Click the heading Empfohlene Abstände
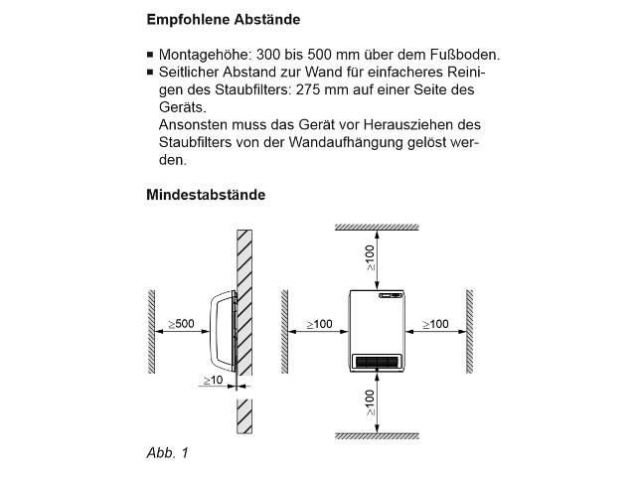click(223, 20)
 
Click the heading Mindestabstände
click(206, 195)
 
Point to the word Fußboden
click(463, 54)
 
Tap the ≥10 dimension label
click(213, 381)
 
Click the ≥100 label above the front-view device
click(370, 258)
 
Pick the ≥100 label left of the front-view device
click(319, 324)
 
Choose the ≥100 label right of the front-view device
click(434, 324)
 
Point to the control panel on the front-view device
click(389, 294)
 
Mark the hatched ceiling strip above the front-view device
click(378, 228)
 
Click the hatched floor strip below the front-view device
click(378, 435)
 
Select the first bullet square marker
click(150, 55)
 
